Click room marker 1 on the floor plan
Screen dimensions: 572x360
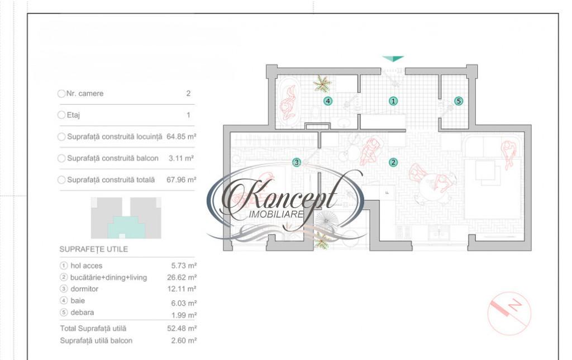click(x=393, y=101)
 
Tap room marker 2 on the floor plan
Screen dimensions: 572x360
click(x=393, y=162)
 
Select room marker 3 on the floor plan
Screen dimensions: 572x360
click(x=297, y=162)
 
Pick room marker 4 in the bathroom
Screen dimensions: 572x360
click(x=328, y=101)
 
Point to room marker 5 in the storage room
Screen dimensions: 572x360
click(x=459, y=101)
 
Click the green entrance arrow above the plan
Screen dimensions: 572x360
click(x=393, y=59)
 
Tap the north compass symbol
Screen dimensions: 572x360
click(x=509, y=313)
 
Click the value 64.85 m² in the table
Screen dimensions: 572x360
click(x=182, y=136)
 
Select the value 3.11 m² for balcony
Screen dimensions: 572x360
click(x=181, y=158)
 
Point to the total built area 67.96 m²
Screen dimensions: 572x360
click(x=182, y=179)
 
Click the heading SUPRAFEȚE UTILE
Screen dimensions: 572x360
click(x=94, y=249)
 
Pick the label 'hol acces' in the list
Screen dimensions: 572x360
click(x=87, y=266)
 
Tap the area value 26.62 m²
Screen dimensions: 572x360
click(x=182, y=277)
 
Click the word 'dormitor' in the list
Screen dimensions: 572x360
click(x=84, y=289)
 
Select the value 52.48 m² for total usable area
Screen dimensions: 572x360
click(x=182, y=328)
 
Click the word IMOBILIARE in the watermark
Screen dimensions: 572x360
click(x=276, y=214)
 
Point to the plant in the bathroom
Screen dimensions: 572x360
click(x=322, y=84)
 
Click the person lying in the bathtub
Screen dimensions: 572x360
click(x=288, y=103)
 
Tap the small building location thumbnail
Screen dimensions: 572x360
click(x=126, y=218)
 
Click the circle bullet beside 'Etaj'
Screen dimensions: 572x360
click(x=61, y=115)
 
